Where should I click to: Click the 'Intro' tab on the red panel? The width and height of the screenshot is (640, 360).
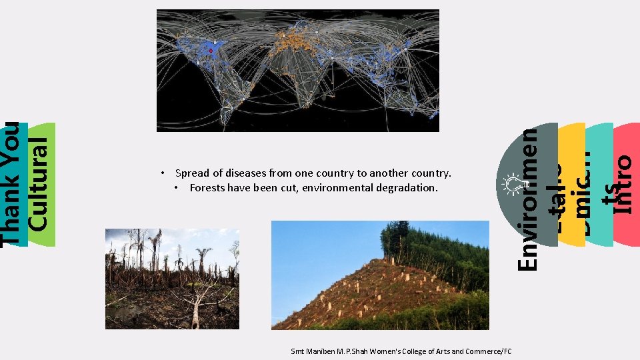[x=623, y=185]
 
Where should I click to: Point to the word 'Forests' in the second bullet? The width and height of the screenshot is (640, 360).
[x=207, y=188]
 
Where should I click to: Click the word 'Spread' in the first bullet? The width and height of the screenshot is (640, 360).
[x=190, y=173]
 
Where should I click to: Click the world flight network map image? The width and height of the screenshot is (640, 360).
[x=297, y=70]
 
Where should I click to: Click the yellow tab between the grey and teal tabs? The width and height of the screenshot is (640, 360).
[x=571, y=185]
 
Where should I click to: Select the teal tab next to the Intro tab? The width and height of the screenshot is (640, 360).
[x=599, y=185]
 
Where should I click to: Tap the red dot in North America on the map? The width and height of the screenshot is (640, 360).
[x=211, y=51]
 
